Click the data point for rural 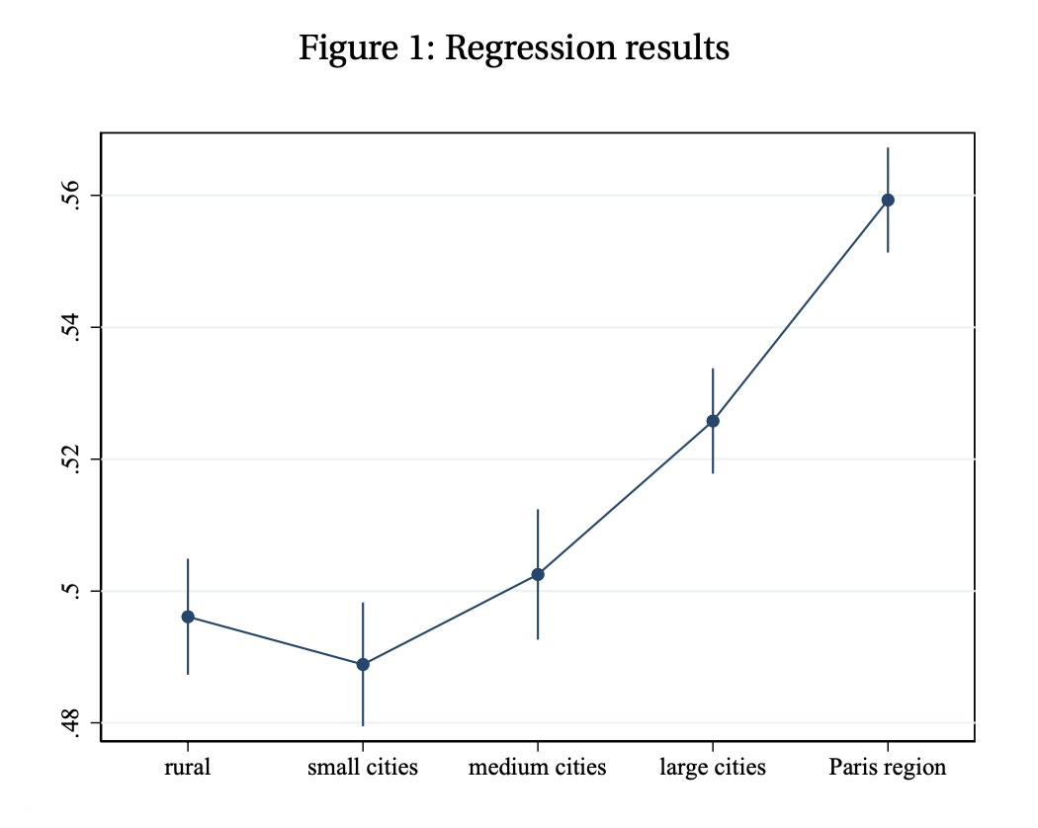[x=188, y=617]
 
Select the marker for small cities [x=363, y=665]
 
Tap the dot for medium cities [x=538, y=574]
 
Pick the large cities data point [x=713, y=421]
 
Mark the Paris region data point [x=888, y=200]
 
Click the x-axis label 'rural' [x=188, y=767]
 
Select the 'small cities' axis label [x=363, y=767]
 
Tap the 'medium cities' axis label [x=538, y=767]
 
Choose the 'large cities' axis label [x=713, y=768]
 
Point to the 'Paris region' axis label [x=888, y=768]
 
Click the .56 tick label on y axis [x=71, y=196]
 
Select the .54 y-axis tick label [x=71, y=327]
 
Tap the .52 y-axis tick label [x=71, y=458]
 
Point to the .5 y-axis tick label [x=71, y=591]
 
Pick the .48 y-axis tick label [x=71, y=722]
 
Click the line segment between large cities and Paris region [x=801, y=310]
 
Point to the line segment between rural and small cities [x=276, y=640]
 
